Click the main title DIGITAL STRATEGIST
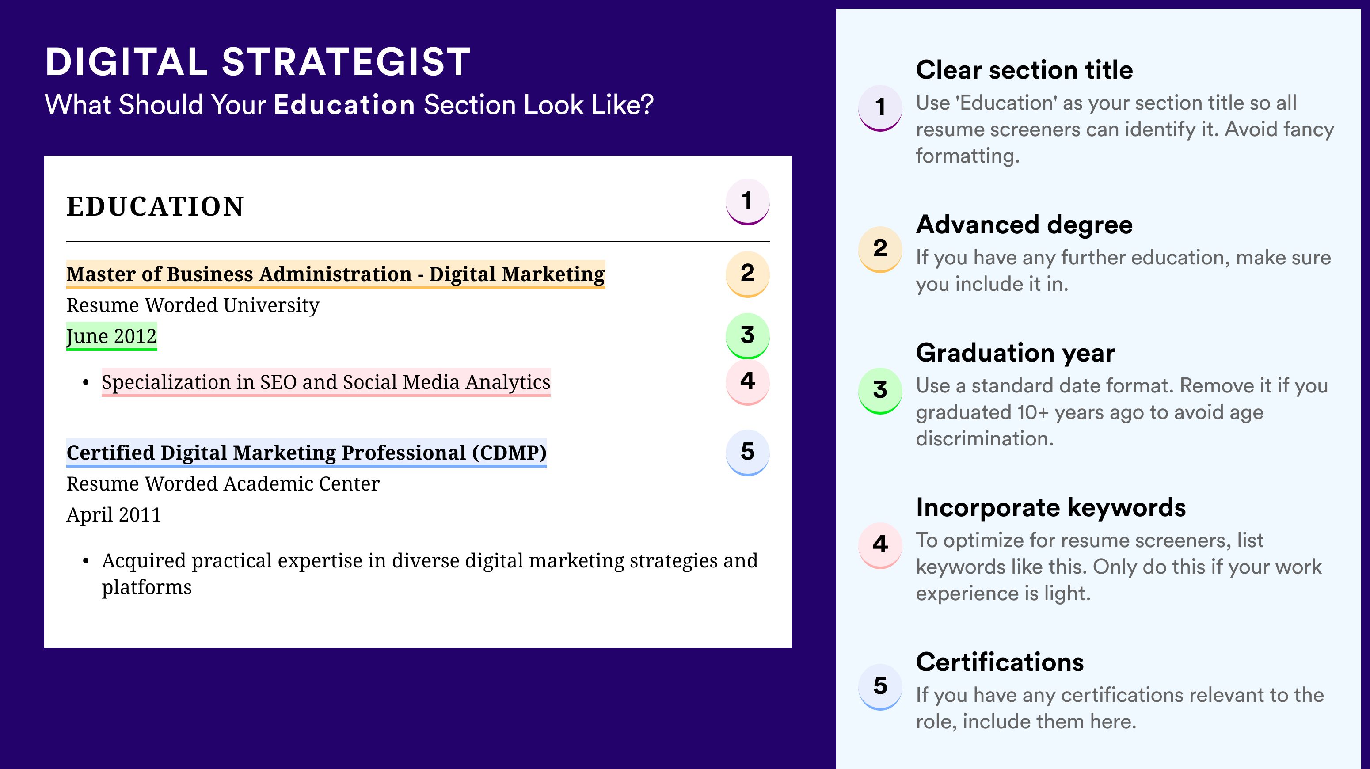258,62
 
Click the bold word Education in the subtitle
344,104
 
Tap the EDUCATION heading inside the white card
155,206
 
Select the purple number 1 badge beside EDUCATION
747,202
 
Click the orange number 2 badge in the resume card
747,274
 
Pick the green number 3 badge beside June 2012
747,335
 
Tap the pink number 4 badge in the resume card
747,382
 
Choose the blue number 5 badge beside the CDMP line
747,453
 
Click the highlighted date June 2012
112,336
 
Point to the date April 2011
113,515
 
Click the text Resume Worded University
193,305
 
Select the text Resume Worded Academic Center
223,484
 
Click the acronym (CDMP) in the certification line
509,453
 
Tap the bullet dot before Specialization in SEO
86,383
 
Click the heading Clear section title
1024,70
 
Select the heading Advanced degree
1024,225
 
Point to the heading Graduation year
1015,353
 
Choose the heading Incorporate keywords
1051,507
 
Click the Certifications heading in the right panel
1000,662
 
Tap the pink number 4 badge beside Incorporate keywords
880,545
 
